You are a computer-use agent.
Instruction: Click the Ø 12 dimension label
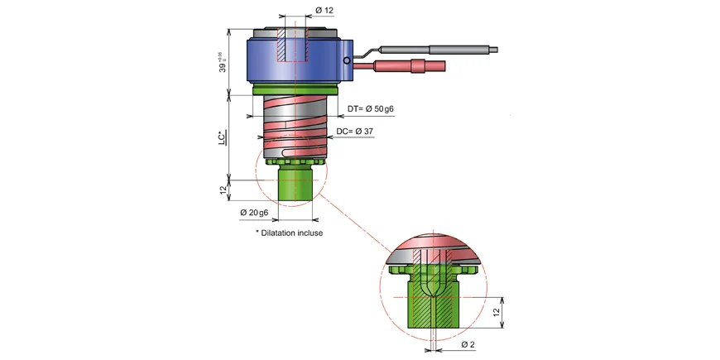point(324,11)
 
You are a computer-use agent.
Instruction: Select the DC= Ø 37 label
point(359,132)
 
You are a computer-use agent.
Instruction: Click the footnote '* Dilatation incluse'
point(289,233)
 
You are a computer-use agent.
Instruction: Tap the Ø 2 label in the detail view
point(468,343)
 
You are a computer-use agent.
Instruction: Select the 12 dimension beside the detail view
point(497,312)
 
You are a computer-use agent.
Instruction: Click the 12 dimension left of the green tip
point(223,189)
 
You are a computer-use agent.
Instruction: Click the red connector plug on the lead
point(410,65)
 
